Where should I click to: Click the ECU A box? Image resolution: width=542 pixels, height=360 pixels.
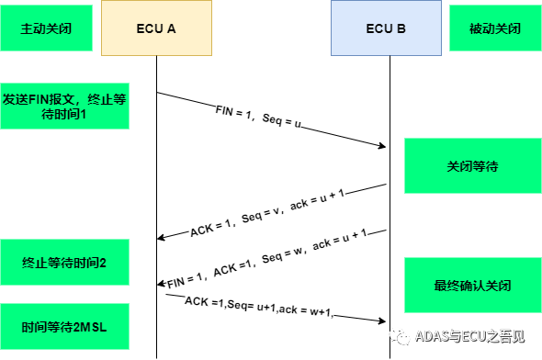[x=156, y=28]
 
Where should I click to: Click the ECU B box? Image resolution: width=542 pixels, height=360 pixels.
[x=385, y=28]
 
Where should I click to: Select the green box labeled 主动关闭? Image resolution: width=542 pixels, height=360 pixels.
[x=45, y=28]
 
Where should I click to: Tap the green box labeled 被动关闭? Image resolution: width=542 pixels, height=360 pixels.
[x=494, y=28]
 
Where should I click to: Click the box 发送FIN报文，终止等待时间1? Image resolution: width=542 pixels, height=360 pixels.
[x=64, y=107]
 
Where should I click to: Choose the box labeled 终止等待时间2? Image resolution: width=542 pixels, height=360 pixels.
[x=64, y=263]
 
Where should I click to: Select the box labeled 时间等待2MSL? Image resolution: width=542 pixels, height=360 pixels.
[x=64, y=326]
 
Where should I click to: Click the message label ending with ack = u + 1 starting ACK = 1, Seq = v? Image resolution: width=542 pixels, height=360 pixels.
[x=267, y=212]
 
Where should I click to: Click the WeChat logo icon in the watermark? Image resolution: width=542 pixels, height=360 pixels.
[x=400, y=336]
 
